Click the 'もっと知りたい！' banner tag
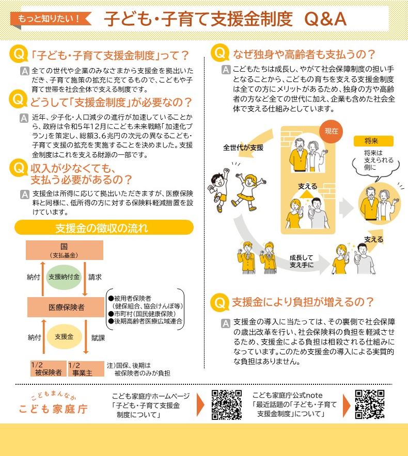50,19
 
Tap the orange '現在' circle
331,131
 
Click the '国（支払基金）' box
65,250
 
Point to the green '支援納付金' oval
65,277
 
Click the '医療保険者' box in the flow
66,307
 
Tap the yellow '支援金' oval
65,337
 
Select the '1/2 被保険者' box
48,368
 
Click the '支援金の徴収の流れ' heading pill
104,227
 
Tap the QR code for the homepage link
227,404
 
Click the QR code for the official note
370,404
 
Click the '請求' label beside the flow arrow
95,277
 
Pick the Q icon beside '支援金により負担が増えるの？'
221,302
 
